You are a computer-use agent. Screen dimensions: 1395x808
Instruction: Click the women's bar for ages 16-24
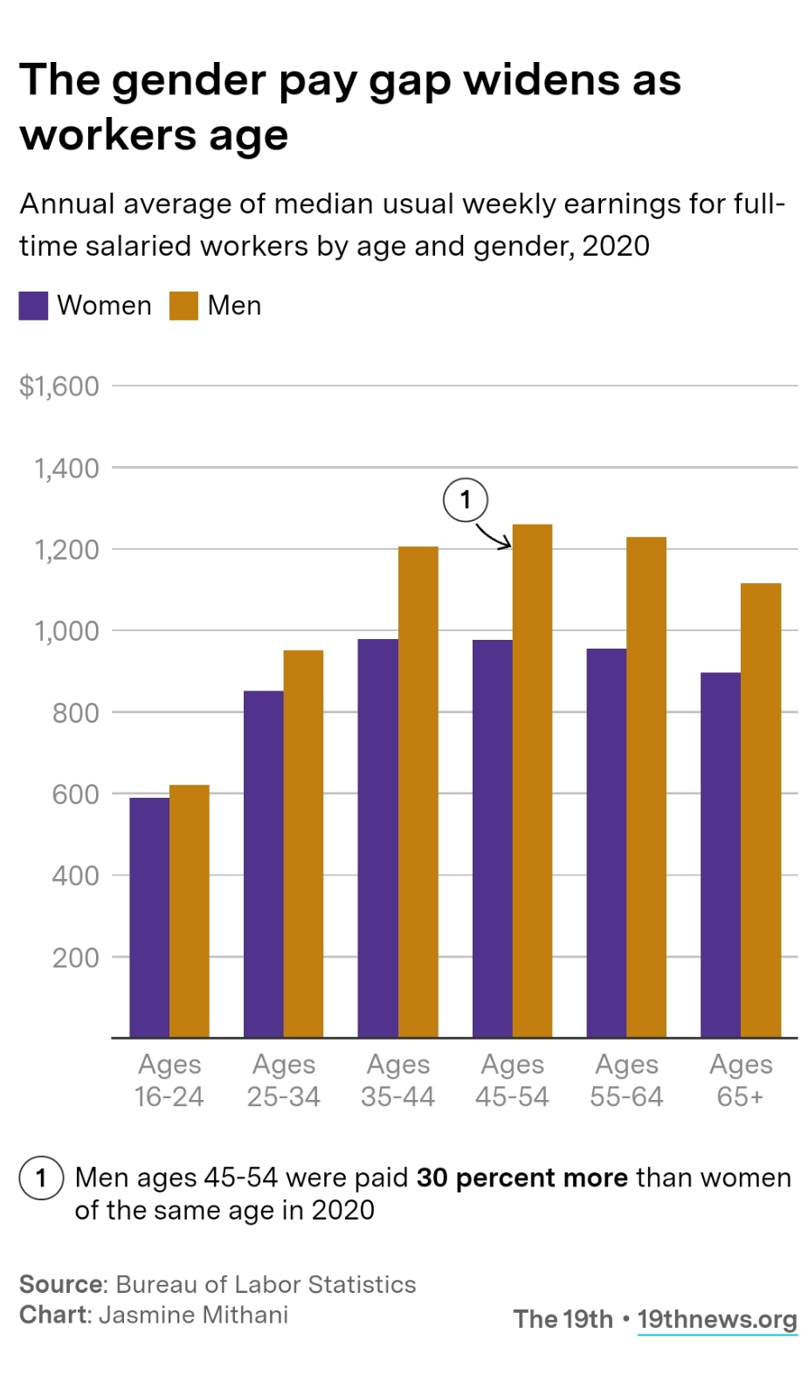[x=149, y=917]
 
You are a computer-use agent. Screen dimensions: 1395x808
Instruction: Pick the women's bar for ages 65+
[x=720, y=855]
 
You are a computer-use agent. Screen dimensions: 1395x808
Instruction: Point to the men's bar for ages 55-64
[x=646, y=787]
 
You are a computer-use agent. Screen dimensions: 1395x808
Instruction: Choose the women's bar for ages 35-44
[x=377, y=838]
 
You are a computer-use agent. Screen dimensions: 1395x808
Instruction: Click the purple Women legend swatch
[x=33, y=306]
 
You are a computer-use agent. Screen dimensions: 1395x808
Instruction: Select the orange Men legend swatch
[x=183, y=306]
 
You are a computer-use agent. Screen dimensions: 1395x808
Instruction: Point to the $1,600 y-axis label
[x=59, y=386]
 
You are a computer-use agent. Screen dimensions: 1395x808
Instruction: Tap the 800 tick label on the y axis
[x=75, y=713]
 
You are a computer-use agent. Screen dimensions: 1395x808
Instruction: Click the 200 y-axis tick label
[x=75, y=958]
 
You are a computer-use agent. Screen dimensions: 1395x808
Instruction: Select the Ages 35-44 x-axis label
[x=397, y=1080]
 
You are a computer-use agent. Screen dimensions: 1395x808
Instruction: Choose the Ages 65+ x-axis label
[x=741, y=1080]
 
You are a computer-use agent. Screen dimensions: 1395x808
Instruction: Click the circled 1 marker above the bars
[x=465, y=500]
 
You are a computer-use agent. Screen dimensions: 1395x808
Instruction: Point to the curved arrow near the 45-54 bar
[x=494, y=536]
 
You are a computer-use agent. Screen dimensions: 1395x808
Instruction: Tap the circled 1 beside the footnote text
[x=41, y=1179]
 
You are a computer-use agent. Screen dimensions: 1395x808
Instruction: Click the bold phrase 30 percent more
[x=521, y=1178]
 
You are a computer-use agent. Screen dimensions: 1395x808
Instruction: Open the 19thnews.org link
[x=716, y=1319]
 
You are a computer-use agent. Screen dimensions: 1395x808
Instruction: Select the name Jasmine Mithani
[x=193, y=1315]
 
